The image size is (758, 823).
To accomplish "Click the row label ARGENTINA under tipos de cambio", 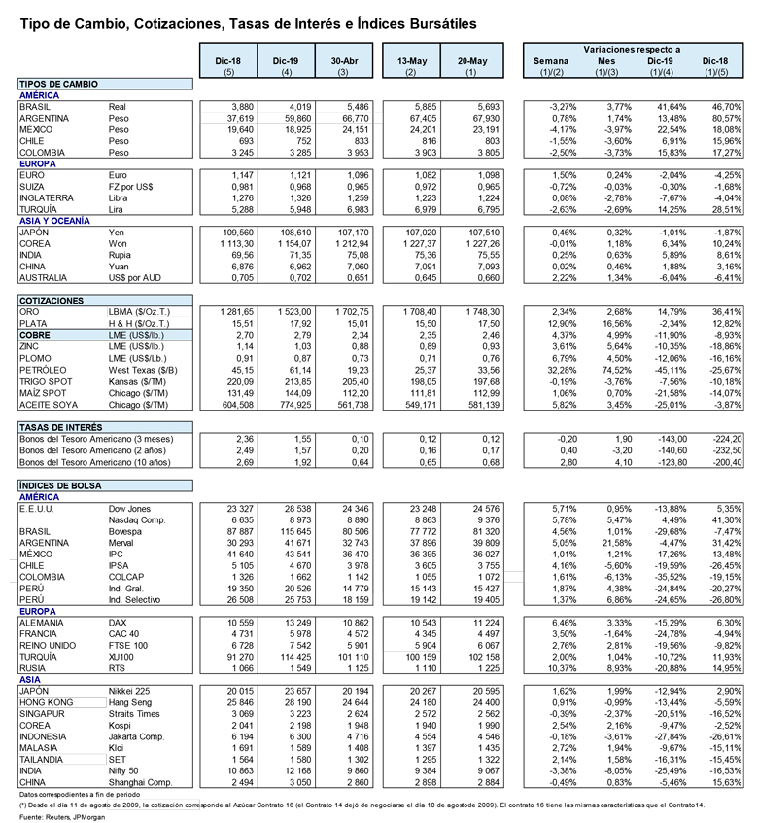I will tap(45, 117).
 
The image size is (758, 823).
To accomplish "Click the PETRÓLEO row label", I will tap(44, 369).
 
